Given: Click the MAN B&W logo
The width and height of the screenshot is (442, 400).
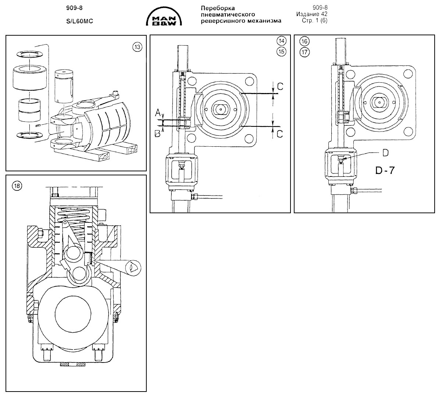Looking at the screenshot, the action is click(164, 16).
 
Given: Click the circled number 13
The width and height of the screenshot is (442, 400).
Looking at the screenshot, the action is click(137, 47).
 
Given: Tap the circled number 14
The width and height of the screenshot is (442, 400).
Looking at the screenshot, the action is click(281, 41).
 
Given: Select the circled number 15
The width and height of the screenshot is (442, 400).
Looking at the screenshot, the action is click(281, 51).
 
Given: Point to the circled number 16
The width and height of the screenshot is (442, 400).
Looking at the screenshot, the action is click(304, 42).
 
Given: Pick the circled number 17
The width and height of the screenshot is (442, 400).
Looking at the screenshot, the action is click(304, 52).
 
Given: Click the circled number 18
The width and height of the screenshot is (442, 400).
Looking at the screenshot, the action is click(17, 186).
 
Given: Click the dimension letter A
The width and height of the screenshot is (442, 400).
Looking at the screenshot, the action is click(158, 113).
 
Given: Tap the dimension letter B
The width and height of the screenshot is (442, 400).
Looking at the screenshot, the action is click(157, 133).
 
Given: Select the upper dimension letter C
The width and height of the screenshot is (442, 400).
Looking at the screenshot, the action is click(280, 86).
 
